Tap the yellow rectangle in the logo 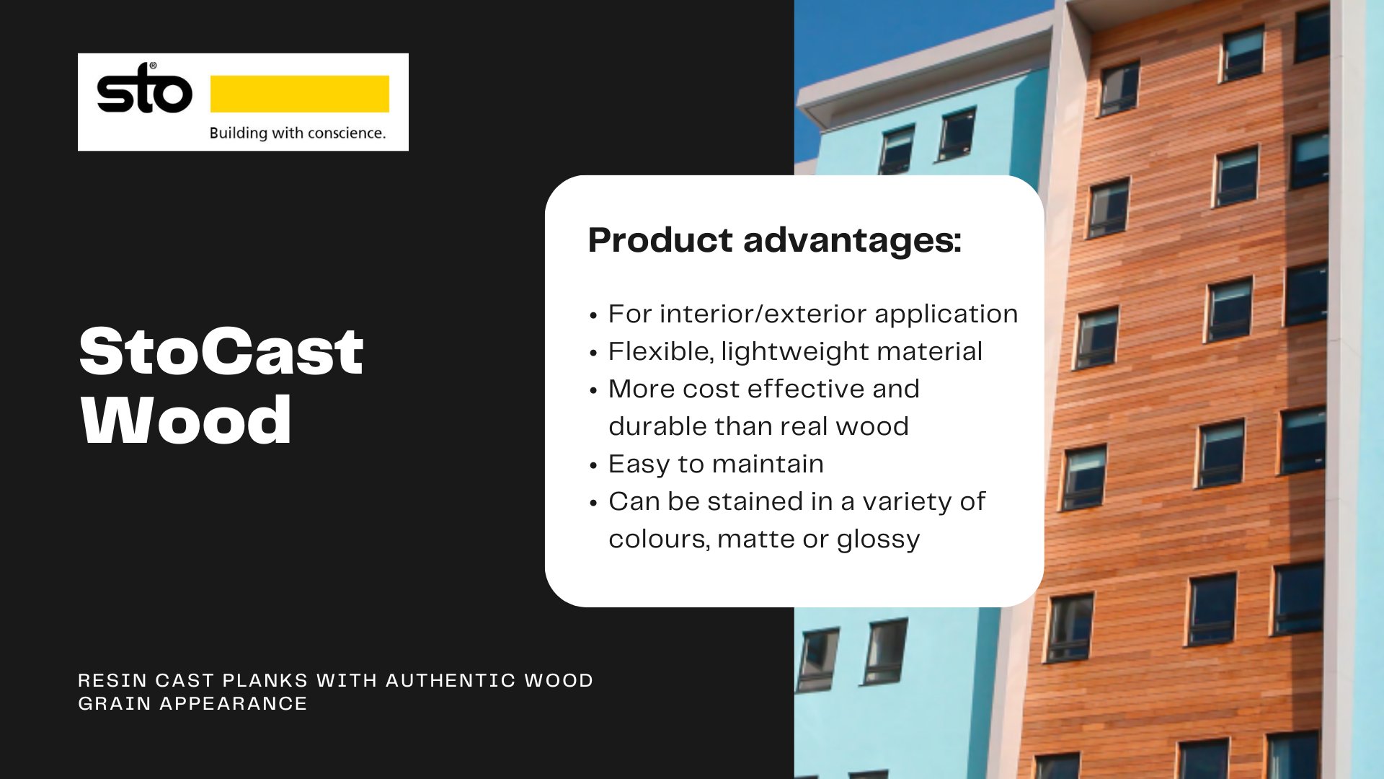point(299,94)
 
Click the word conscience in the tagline point(346,133)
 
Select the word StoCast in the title point(221,352)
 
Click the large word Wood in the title point(186,421)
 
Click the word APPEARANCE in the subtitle point(234,703)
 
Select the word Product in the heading point(660,240)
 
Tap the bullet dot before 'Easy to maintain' point(593,466)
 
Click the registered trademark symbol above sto point(153,66)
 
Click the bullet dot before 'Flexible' point(593,353)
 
